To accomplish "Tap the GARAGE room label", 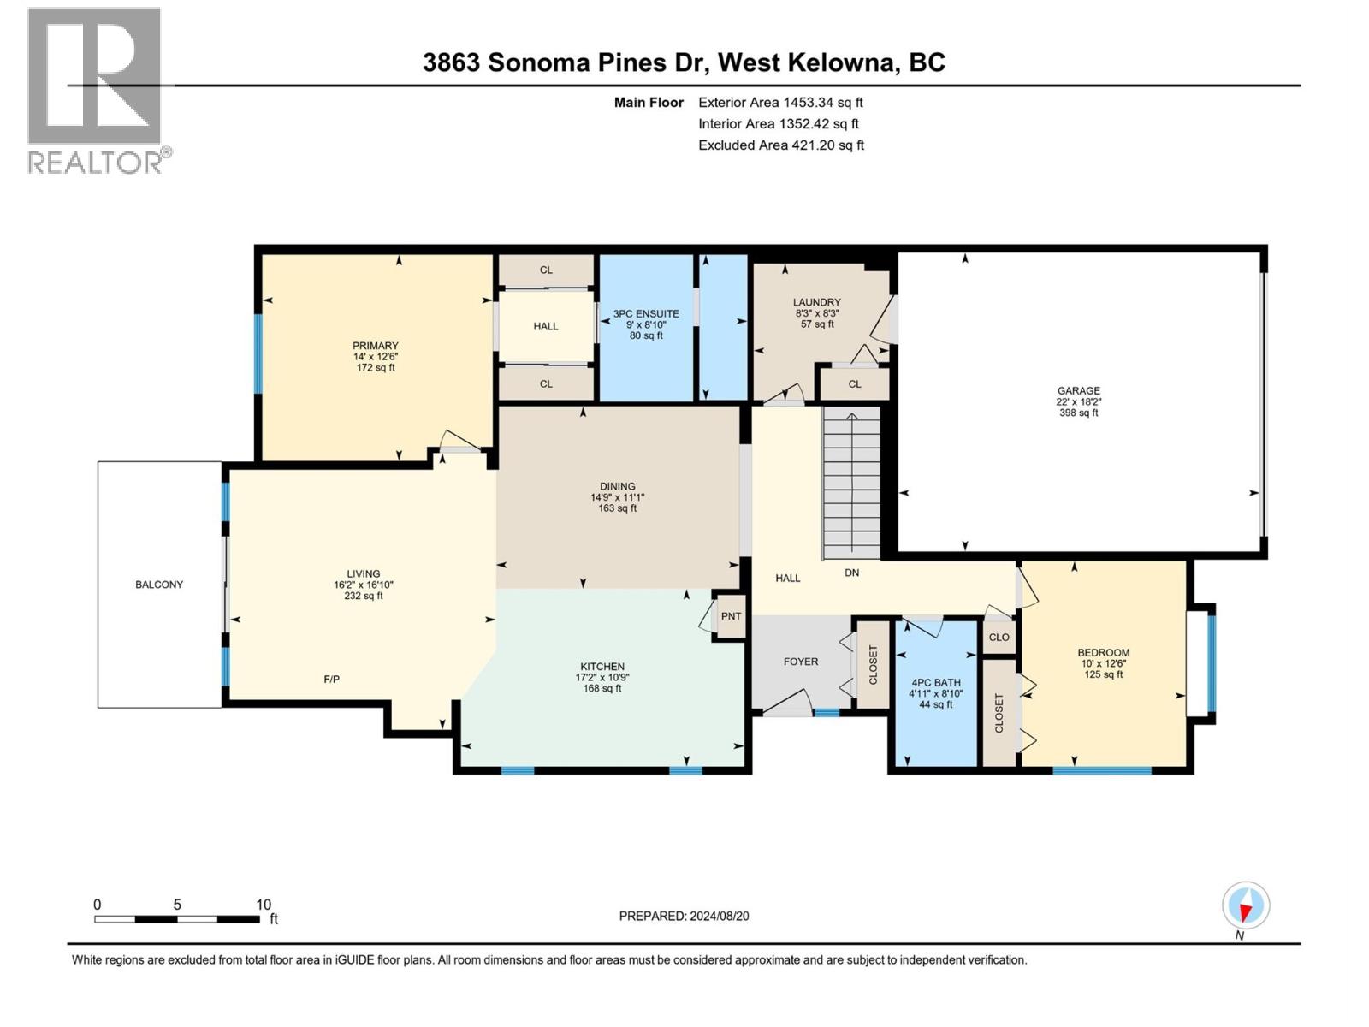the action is click(x=1078, y=391).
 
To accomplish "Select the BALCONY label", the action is click(x=159, y=585).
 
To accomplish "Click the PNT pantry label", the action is click(x=731, y=616).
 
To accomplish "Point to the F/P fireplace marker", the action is click(x=332, y=679).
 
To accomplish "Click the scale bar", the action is click(x=177, y=918).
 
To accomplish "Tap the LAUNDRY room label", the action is click(x=817, y=302).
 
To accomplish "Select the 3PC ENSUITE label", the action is click(x=646, y=313).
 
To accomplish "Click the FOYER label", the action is click(x=801, y=662).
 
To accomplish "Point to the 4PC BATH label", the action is click(x=935, y=683).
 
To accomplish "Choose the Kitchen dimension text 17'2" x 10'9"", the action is click(x=602, y=677).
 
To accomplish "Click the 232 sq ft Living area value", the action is click(x=364, y=596).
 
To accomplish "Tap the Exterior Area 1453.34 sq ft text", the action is click(x=781, y=102).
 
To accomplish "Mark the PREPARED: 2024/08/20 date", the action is click(x=684, y=916).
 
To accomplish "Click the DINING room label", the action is click(x=618, y=486).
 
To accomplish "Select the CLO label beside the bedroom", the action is click(x=999, y=638).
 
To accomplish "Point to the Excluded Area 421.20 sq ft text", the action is click(x=781, y=145).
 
